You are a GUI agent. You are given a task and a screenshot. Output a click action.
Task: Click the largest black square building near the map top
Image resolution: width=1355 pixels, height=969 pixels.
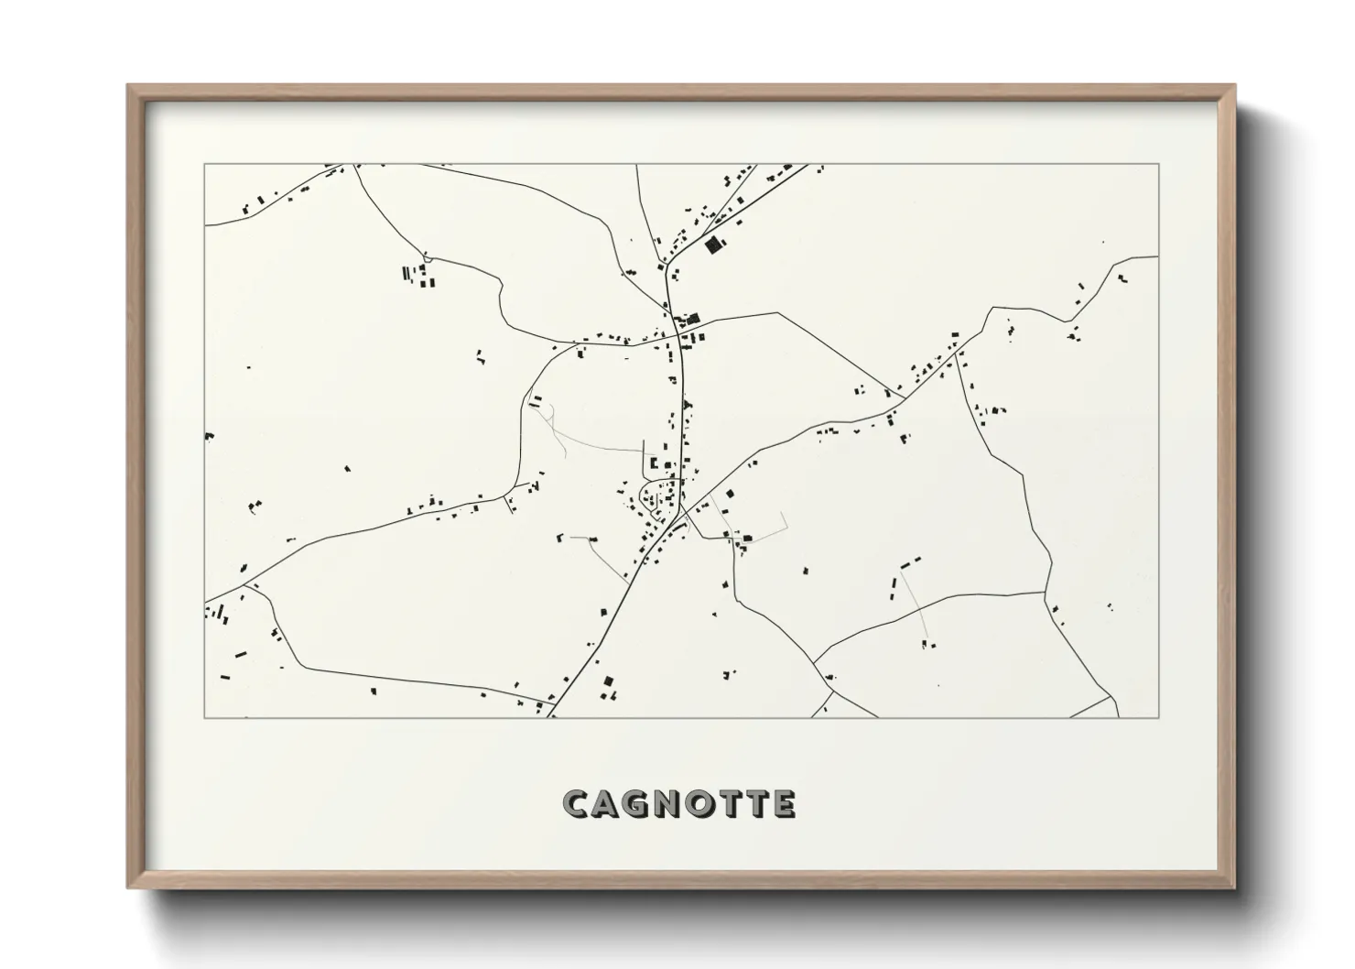[x=713, y=245]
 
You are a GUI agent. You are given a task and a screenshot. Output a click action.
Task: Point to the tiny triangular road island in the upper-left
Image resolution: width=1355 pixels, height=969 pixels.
[x=424, y=256]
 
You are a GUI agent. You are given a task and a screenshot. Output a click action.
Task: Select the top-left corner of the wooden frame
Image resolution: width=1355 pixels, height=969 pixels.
[x=127, y=85]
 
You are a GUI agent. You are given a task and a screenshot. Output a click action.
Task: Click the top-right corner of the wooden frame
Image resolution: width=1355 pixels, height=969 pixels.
[x=1235, y=85]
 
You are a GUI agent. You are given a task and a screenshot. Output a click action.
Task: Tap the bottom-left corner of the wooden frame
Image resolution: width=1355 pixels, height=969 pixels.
[x=127, y=887]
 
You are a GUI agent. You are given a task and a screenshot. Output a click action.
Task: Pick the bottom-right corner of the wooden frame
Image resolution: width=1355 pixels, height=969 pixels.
[x=1235, y=887]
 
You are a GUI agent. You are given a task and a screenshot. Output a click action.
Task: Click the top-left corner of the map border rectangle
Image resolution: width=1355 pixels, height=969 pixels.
[x=204, y=164]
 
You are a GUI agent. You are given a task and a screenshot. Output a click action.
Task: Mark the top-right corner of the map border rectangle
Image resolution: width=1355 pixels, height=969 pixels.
[x=1159, y=164]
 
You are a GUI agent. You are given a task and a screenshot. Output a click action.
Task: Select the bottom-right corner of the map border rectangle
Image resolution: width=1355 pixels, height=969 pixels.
[x=1159, y=717]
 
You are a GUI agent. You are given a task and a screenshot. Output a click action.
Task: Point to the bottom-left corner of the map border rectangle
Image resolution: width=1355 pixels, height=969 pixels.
[x=204, y=717]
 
